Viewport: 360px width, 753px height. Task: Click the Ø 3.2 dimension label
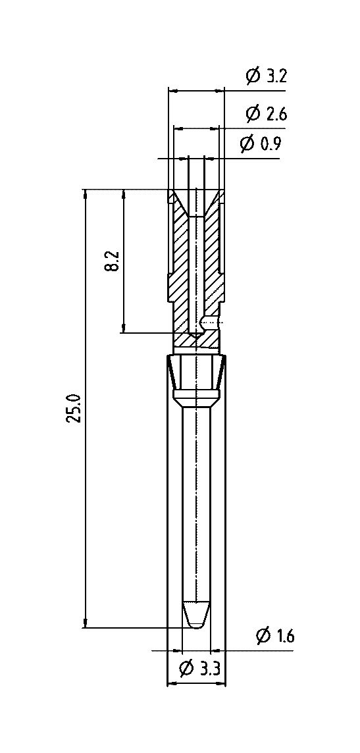267,76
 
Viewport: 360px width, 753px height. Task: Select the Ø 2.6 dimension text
267,114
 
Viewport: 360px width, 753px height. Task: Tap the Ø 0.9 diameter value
261,143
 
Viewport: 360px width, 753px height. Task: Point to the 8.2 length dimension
113,260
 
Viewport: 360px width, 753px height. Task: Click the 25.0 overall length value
74,408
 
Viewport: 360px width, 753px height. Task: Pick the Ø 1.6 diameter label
275,636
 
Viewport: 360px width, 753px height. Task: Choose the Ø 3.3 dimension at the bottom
199,668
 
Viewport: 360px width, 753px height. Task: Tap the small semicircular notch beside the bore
207,321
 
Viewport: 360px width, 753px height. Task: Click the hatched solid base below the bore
196,341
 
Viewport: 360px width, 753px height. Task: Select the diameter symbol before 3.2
253,76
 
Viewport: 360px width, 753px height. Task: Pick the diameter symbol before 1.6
263,636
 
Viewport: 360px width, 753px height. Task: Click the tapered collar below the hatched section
196,379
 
